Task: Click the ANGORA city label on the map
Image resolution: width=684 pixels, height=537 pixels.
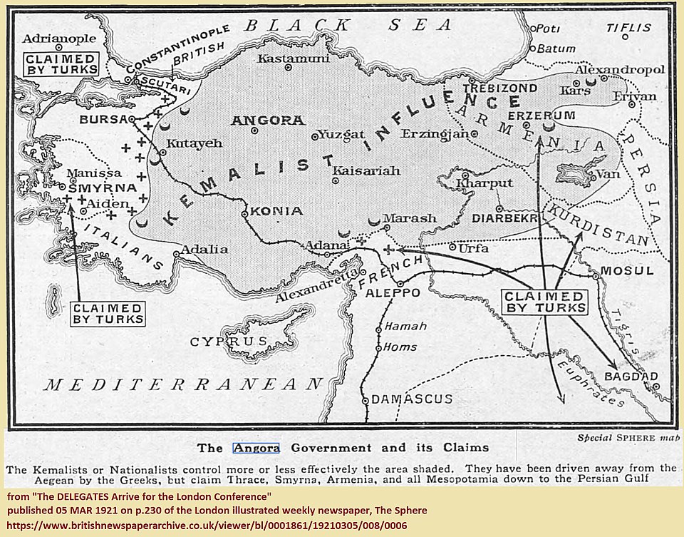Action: pos(267,121)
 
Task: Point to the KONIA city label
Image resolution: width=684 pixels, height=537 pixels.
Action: pos(276,211)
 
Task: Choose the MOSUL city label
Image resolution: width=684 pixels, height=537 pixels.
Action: pos(627,271)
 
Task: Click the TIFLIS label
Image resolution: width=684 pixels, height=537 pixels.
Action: pos(628,28)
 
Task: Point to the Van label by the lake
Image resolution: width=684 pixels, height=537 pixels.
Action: pos(602,173)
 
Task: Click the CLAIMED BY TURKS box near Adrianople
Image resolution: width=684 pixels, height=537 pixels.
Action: pos(61,63)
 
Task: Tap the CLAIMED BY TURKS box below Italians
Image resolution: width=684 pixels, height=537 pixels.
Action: pos(108,313)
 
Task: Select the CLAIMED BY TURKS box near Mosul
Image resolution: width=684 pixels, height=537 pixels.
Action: pos(546,302)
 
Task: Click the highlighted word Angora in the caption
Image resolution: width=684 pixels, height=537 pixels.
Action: pos(256,448)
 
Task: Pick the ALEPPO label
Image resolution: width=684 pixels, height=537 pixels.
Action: pos(388,293)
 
